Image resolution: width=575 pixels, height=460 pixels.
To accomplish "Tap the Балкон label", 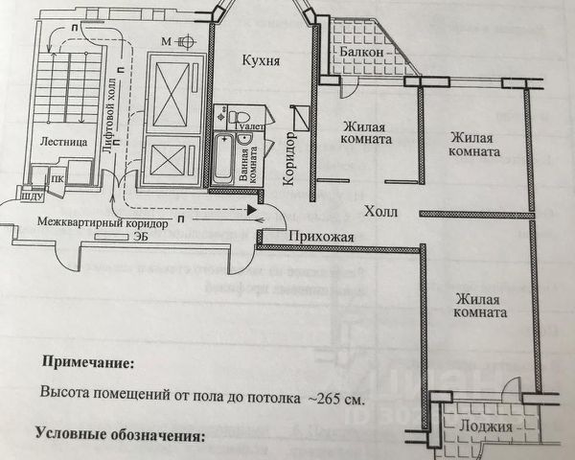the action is point(360,50).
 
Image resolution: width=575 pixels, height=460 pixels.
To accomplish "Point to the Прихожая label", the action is point(322,237).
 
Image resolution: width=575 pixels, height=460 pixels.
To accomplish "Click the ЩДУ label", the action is point(28,197).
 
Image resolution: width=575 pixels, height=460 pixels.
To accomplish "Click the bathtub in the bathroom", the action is point(222,159).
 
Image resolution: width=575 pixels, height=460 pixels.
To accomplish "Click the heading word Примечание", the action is point(87,362).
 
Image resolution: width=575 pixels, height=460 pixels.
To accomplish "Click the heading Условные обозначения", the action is point(120,434).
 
